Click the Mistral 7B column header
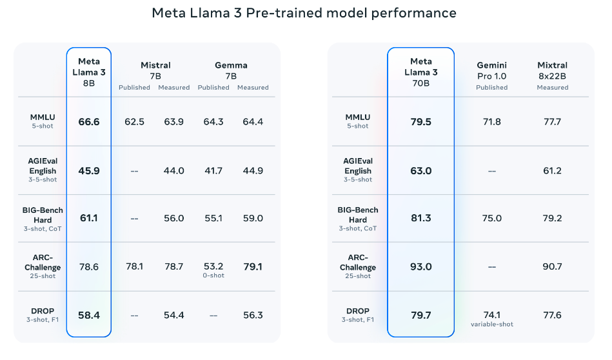click(x=155, y=70)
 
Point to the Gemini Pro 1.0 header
click(x=491, y=70)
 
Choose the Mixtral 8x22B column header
click(x=552, y=70)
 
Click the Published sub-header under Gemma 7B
click(x=213, y=88)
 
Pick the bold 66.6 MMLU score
click(x=89, y=121)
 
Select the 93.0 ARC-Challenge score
click(x=420, y=266)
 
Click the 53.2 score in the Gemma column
click(x=213, y=266)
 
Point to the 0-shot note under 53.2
click(x=213, y=276)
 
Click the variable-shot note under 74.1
click(x=491, y=325)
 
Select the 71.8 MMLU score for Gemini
click(x=491, y=121)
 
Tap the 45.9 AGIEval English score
click(x=89, y=170)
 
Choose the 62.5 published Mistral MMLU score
click(x=134, y=121)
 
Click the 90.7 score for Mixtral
click(x=552, y=266)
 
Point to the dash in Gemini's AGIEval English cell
click(x=491, y=170)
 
